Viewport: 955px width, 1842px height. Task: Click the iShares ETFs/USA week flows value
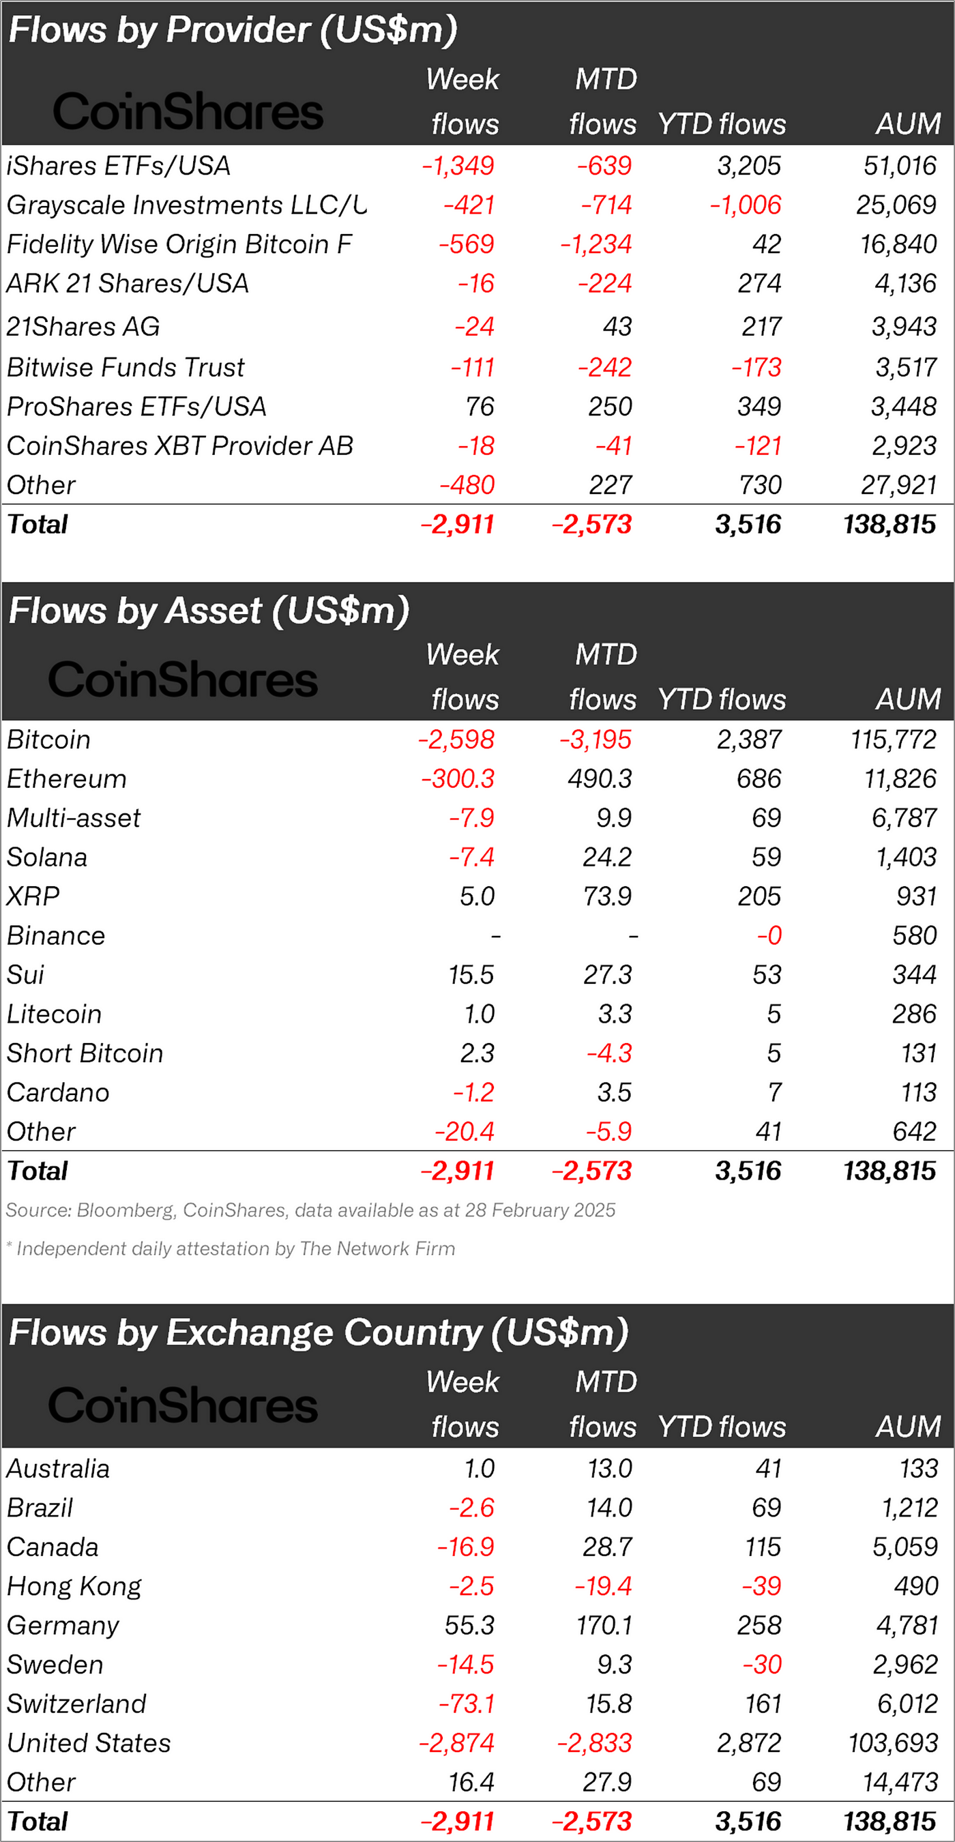point(458,166)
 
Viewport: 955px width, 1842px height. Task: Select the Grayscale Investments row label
point(186,205)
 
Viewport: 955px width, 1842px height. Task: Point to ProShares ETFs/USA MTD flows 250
point(610,407)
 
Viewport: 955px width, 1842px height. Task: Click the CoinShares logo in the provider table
point(188,112)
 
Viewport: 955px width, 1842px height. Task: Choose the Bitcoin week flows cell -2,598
point(456,740)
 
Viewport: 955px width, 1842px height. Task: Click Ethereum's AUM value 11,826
point(900,778)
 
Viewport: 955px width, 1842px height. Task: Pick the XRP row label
point(33,896)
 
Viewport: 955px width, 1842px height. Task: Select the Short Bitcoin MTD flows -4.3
point(609,1053)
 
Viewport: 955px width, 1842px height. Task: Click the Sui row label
point(26,976)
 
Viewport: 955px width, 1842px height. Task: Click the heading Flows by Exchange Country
point(318,1333)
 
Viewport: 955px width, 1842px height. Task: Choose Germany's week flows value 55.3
point(469,1625)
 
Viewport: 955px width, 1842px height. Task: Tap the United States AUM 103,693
point(893,1743)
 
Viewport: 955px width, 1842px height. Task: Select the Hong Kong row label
point(74,1587)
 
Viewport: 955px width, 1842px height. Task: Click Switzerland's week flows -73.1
point(466,1704)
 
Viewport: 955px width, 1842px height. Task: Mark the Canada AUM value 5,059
point(905,1547)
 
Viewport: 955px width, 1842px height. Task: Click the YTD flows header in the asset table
point(721,699)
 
